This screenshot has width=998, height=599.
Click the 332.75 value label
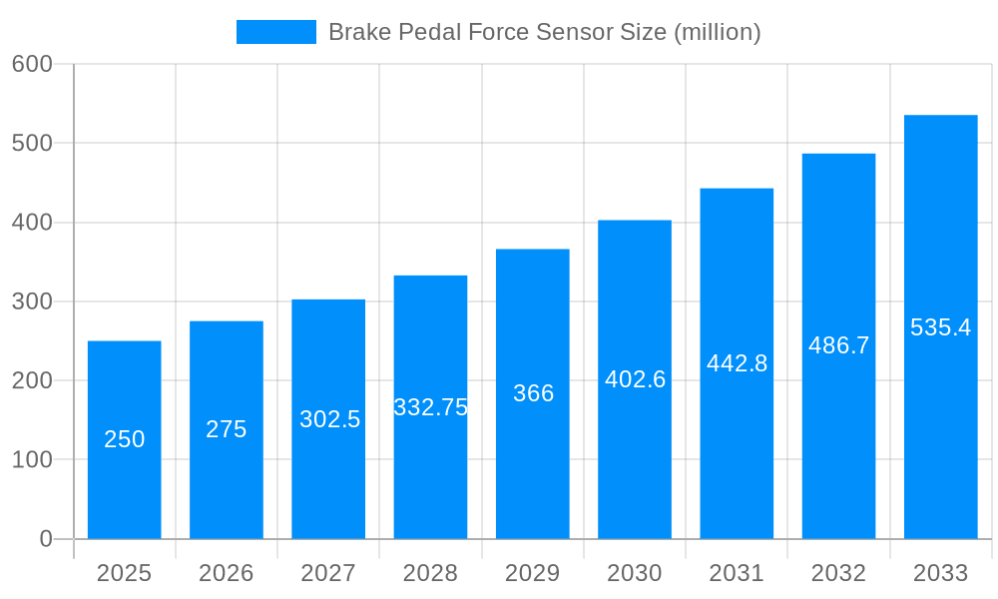coord(431,407)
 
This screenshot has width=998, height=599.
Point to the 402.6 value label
coord(635,379)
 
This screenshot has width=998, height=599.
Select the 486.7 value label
coord(839,345)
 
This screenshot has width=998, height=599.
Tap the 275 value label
coord(227,429)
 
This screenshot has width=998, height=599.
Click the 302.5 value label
coord(329,419)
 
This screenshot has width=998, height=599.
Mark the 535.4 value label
coord(941,327)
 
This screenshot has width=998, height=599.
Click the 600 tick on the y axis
coord(32,64)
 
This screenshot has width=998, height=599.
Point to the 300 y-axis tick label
coord(32,301)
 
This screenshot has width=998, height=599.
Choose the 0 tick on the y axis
coord(46,539)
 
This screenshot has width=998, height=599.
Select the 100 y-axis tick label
coord(32,460)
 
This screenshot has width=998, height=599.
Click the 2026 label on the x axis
coord(227,573)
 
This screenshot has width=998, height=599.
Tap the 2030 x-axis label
coord(635,573)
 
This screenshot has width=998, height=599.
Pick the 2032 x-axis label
coord(839,573)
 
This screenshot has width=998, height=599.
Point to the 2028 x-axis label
coord(431,573)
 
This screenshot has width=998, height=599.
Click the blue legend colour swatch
coord(276,32)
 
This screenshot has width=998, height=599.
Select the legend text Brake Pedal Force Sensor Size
coord(545,32)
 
